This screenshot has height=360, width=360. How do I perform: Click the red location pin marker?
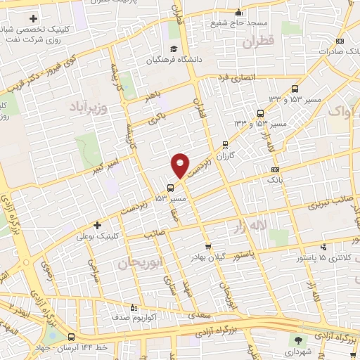tap(181, 165)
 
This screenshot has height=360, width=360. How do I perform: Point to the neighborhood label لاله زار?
tap(251, 225)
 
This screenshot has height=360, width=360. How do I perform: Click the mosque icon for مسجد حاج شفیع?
tap(239, 12)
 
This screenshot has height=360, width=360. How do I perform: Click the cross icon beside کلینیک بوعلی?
tap(97, 225)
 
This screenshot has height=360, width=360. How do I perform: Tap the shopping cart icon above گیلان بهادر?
tap(208, 246)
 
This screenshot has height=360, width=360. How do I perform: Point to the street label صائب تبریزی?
tap(338, 199)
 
